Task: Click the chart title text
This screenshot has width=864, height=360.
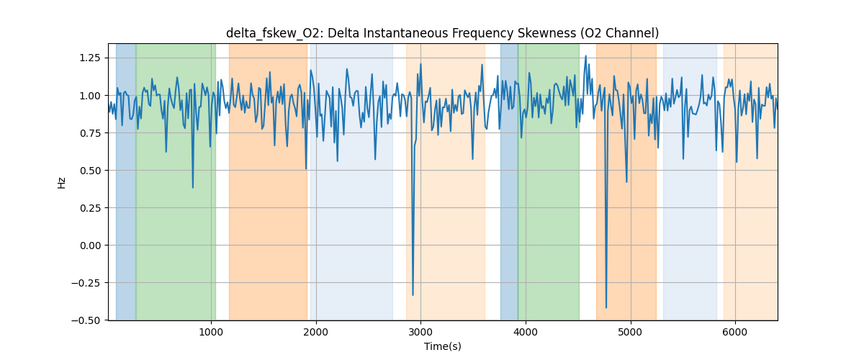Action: tap(442, 33)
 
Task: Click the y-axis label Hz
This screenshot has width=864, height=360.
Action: tap(62, 182)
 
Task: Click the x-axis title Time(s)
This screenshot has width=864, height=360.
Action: tap(442, 346)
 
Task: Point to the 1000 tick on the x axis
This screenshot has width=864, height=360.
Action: tap(211, 331)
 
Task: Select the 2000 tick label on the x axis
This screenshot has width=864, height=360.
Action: tap(316, 331)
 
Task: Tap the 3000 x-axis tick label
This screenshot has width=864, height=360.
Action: tap(420, 331)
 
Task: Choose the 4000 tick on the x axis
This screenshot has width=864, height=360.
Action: tap(526, 331)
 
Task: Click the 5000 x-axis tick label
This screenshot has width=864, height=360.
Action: tap(631, 331)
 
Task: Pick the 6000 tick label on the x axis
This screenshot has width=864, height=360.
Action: tap(735, 331)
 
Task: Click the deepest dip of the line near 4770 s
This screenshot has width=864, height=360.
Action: tap(606, 307)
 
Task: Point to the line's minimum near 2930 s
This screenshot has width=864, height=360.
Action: tap(413, 294)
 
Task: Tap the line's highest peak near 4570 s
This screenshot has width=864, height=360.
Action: tap(585, 56)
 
